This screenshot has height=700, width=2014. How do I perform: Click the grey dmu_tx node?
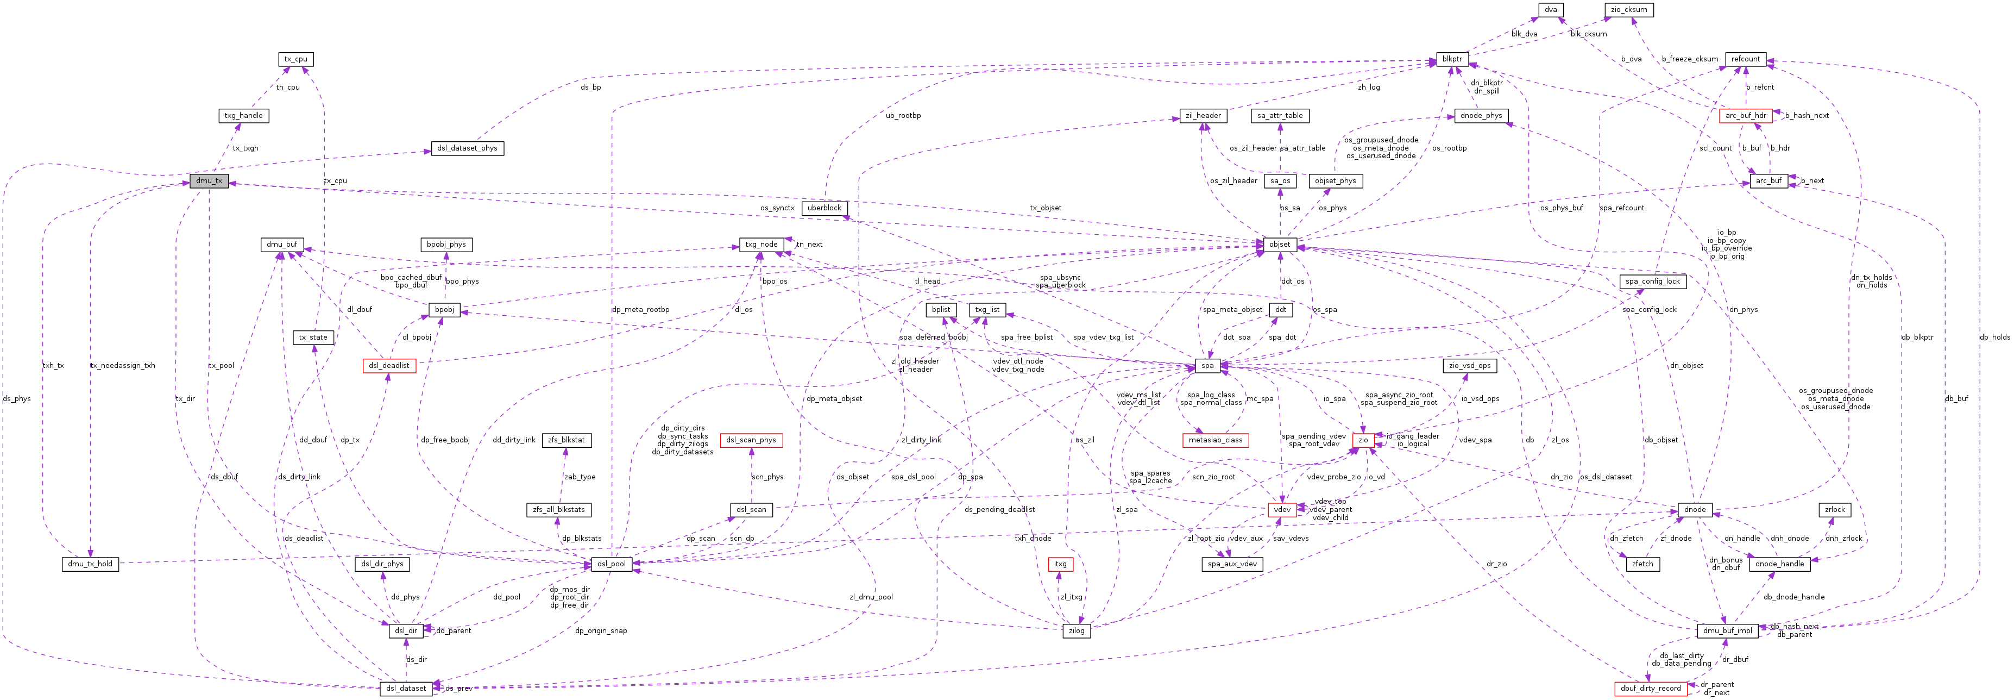(209, 180)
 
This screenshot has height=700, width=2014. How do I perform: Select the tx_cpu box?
(297, 59)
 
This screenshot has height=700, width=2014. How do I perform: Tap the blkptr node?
(1452, 59)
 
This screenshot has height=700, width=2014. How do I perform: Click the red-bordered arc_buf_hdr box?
(1745, 116)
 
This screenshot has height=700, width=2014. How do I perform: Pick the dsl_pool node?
(612, 564)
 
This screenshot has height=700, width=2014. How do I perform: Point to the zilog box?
(1077, 630)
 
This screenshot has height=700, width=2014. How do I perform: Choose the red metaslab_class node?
(1215, 440)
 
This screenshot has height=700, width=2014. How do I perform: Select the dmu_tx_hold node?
(90, 564)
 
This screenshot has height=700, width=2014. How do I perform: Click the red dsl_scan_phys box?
(751, 440)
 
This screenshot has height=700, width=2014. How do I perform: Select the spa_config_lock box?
(1652, 282)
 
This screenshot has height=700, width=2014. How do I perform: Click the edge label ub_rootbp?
(903, 116)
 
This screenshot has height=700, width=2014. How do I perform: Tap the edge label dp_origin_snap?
(600, 630)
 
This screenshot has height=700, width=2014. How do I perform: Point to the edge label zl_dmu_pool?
(871, 597)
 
